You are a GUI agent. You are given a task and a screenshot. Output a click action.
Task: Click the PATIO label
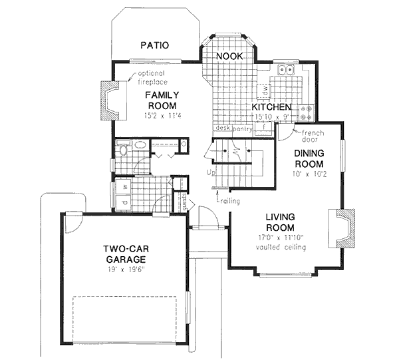pos(155,45)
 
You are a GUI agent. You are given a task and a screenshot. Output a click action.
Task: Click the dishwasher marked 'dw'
pos(263,89)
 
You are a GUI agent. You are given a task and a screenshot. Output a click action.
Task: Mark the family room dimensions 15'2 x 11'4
pos(162,116)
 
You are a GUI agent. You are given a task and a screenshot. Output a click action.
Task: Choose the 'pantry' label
pos(242,130)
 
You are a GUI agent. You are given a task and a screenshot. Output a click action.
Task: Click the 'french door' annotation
pos(307,136)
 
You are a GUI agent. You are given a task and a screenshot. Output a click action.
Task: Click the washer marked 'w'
pos(124,186)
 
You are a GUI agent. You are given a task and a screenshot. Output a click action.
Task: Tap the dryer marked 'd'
pos(124,202)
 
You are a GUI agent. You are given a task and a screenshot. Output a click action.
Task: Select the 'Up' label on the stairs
pos(212,173)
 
